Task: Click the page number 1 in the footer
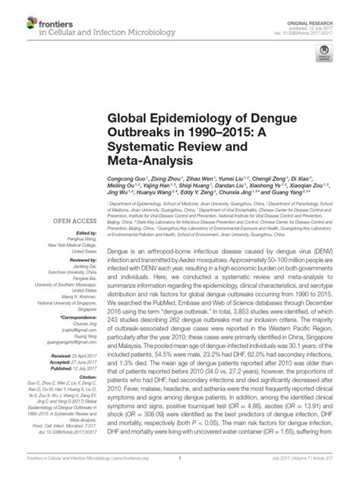pyautogui.click(x=180, y=470)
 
